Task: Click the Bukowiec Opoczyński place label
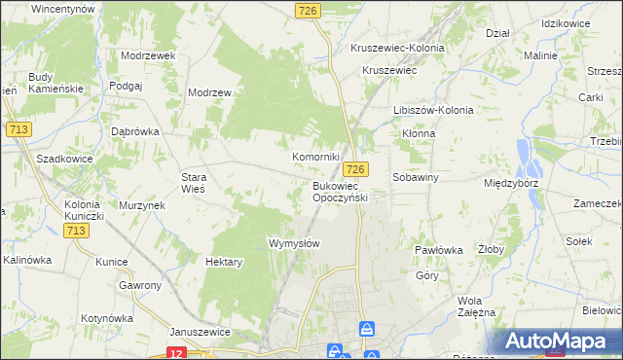click(340, 191)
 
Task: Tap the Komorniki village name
click(316, 156)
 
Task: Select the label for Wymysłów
click(294, 243)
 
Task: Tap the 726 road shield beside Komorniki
click(355, 169)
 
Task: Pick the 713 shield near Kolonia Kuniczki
click(77, 231)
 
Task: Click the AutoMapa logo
click(556, 342)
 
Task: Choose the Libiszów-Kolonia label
click(433, 110)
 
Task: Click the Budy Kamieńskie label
click(56, 83)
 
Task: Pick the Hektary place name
click(224, 262)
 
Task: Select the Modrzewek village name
click(148, 55)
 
